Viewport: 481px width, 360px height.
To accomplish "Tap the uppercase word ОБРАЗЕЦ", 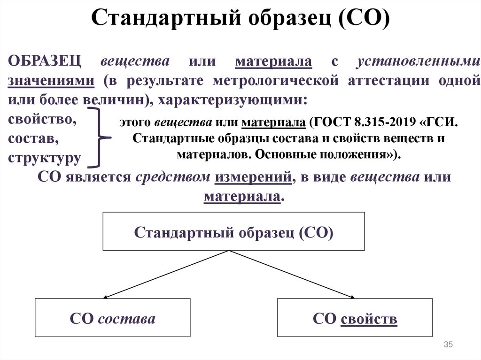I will tap(45, 62).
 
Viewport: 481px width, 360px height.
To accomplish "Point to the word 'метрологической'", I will tap(275, 80).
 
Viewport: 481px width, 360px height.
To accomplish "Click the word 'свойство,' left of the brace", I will tap(43, 119).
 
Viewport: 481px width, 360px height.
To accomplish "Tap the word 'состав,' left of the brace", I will tap(34, 139).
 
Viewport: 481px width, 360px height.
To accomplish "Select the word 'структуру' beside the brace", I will tap(44, 158).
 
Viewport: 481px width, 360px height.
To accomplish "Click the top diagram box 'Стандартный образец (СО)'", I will tap(233, 231).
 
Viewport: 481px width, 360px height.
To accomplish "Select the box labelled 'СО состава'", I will tap(113, 318).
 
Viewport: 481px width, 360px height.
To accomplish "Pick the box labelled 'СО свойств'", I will tap(355, 318).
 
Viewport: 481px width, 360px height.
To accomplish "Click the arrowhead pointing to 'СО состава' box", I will tap(106, 297).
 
